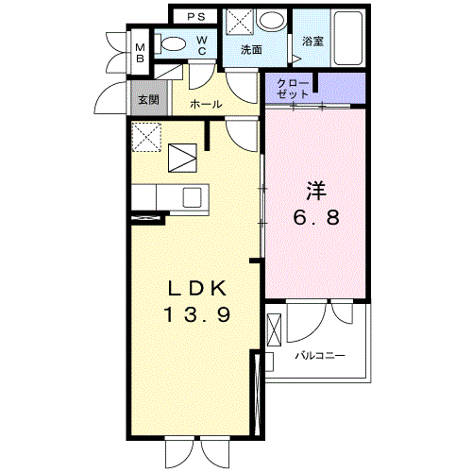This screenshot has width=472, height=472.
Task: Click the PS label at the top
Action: pos(196,17)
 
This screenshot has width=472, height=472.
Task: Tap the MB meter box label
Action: pos(140,53)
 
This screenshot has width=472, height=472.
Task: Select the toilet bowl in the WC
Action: pos(170,43)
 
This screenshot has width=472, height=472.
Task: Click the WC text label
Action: pos(202,45)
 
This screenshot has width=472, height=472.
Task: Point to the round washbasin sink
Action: pos(272,21)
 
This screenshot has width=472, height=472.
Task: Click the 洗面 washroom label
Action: pos(251,50)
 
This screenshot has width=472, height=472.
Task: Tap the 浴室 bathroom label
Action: pos(312,42)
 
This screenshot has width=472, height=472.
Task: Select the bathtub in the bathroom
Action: pos(348,38)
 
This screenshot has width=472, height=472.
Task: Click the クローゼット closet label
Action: pos(293,89)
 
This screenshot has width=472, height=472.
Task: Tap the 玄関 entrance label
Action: pos(149,100)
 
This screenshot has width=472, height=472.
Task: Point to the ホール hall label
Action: pos(206,104)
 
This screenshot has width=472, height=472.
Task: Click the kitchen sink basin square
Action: pos(192,197)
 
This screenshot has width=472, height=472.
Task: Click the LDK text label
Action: pos(197,288)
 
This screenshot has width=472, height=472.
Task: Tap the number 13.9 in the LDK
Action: pos(197,314)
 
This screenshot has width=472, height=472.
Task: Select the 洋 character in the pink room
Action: pos(316,191)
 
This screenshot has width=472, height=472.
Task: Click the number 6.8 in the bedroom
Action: pos(316,217)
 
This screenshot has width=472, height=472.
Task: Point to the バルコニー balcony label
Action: pos(320,356)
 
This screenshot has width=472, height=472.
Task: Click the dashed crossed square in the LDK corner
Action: pos(146,137)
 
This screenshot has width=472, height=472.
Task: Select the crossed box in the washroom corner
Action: pos(240,22)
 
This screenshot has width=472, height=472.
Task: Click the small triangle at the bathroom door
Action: pos(296,59)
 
